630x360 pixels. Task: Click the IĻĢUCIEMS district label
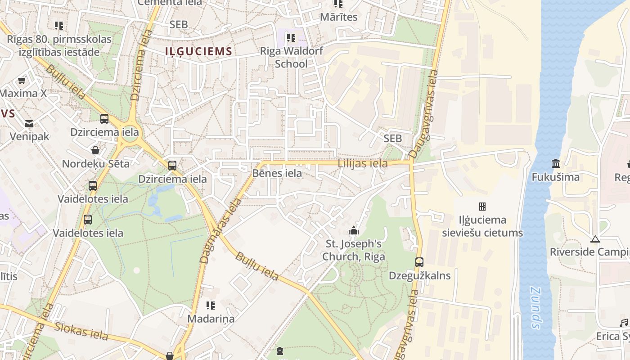pos(198,51)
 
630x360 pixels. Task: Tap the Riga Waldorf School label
pos(291,57)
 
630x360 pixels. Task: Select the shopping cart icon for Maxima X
pos(22,80)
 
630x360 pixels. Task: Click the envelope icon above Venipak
pos(29,123)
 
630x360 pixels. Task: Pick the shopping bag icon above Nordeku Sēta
pos(95,150)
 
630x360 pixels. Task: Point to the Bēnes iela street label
pos(277,173)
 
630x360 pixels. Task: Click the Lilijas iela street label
pos(363,163)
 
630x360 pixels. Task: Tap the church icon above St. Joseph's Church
pos(354,231)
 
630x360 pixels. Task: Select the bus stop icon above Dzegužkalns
pos(419,262)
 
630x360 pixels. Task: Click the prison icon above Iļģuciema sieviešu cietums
pos(482,207)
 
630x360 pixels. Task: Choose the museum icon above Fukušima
pos(555,163)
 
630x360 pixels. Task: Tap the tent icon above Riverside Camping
pos(595,239)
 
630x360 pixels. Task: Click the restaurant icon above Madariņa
pos(211,306)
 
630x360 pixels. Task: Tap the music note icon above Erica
pos(623,323)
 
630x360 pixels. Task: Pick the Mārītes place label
pos(338,17)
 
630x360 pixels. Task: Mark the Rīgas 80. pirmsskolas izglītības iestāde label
pos(59,45)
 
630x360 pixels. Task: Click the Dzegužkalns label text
pos(419,275)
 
